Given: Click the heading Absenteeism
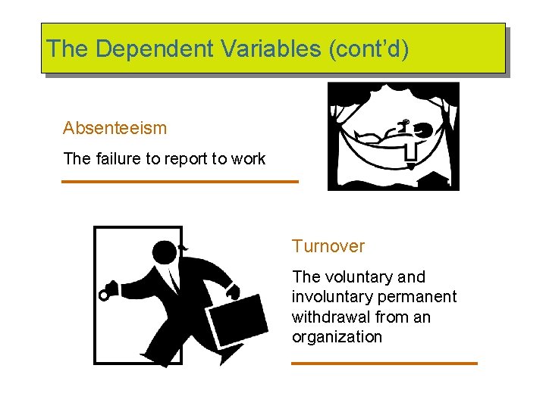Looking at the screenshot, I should tap(115, 128).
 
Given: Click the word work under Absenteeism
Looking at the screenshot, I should tap(247, 159).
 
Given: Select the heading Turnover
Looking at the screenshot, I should tap(328, 246).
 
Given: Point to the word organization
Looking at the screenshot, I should tap(337, 337).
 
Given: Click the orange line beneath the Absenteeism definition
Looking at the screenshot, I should tap(180, 182).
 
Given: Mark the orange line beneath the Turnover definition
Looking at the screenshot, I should tap(384, 364).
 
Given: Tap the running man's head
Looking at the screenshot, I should tap(165, 251).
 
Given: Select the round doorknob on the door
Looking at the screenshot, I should tap(104, 295).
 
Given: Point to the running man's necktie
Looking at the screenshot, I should tap(174, 281).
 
